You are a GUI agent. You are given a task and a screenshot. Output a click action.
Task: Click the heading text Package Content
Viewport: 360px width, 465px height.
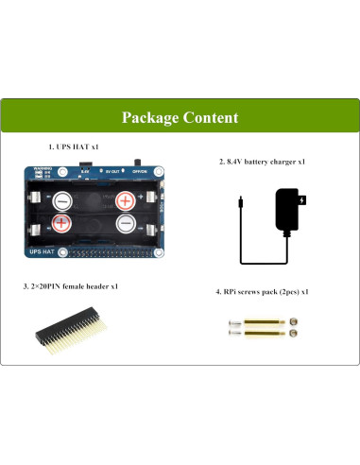[180, 117]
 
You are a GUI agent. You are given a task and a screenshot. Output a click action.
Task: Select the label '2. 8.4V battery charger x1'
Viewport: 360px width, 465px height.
[262, 163]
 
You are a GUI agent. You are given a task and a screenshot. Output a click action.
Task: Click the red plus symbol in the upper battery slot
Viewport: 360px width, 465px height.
[125, 200]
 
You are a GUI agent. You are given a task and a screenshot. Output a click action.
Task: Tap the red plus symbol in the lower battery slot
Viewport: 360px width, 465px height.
[60, 224]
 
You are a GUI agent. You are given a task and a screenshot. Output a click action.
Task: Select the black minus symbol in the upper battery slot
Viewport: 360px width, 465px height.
[61, 200]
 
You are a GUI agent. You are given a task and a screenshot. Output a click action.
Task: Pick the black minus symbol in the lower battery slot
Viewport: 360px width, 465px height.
[126, 224]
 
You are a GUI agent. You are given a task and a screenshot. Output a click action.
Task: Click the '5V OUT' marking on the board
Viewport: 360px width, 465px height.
[112, 172]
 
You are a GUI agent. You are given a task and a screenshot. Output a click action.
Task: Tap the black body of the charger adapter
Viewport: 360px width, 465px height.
[287, 210]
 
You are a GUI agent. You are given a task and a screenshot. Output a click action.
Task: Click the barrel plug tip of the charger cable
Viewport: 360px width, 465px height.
[241, 201]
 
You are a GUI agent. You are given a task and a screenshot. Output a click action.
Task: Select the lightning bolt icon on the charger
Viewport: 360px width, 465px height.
[300, 200]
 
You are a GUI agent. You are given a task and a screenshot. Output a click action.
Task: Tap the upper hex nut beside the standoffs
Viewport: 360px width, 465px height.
[295, 324]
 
